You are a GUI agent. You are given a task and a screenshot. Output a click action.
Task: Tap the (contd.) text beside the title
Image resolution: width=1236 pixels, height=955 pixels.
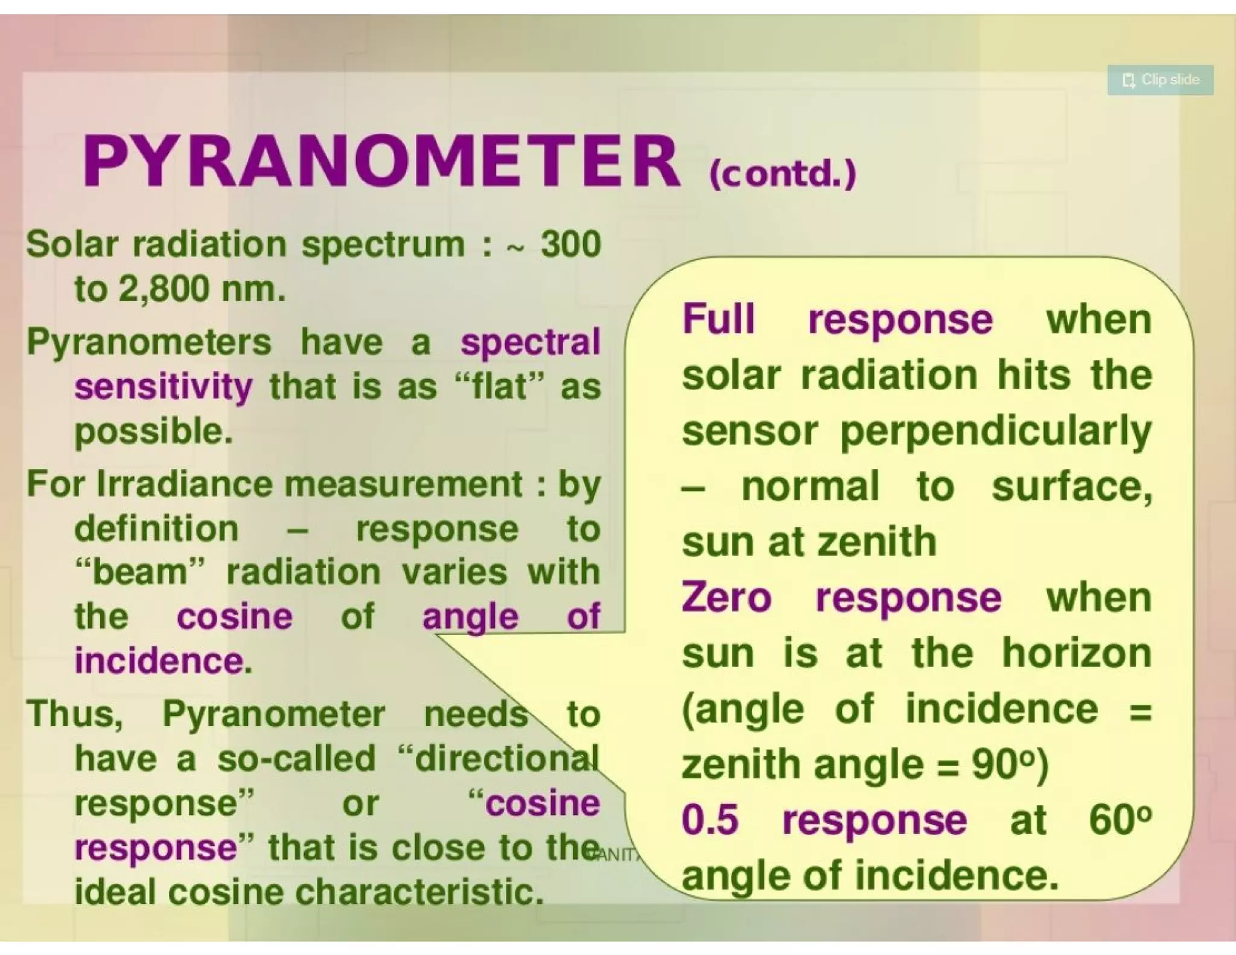(x=783, y=174)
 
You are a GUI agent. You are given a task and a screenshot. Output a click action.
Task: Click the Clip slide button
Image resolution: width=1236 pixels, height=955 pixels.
(x=1160, y=80)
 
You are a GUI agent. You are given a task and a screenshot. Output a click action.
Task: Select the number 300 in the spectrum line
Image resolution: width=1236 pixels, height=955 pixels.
(x=570, y=244)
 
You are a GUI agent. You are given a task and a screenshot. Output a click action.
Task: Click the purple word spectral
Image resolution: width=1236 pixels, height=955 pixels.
(x=530, y=343)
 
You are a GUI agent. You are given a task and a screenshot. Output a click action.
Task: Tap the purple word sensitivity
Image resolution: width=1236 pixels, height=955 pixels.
(x=164, y=387)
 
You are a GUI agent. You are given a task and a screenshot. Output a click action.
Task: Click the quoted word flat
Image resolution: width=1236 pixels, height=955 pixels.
(x=499, y=387)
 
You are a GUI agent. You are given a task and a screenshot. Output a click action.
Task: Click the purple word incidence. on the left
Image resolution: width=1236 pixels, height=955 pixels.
(x=163, y=660)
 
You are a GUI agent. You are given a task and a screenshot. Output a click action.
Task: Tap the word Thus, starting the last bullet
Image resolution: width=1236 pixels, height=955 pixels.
(x=75, y=714)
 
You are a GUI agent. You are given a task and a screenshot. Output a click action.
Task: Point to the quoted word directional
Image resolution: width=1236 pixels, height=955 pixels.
(x=500, y=759)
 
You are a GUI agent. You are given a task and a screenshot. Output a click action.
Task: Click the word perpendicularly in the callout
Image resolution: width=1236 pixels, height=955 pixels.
(x=996, y=432)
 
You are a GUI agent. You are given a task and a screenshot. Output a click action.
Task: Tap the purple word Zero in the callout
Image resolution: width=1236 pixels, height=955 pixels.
(x=726, y=598)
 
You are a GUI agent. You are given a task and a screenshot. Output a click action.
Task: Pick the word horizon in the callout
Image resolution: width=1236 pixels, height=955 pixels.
(x=1077, y=653)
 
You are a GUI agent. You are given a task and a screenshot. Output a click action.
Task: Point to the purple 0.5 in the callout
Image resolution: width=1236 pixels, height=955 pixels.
(x=710, y=820)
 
